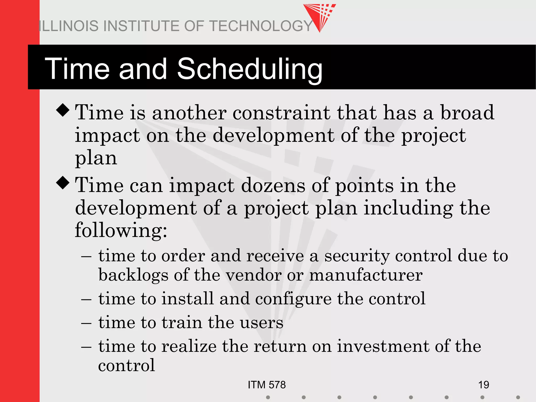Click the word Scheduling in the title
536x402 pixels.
tap(250, 69)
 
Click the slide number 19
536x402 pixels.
tap(483, 385)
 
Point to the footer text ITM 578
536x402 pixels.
tap(267, 385)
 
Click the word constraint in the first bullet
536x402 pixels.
tap(281, 113)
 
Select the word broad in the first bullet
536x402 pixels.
tap(467, 113)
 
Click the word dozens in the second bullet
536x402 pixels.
tap(273, 186)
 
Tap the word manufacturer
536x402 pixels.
tap(366, 275)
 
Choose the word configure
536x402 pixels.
tap(293, 299)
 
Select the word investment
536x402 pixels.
tap(383, 346)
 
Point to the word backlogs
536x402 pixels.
tap(133, 275)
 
